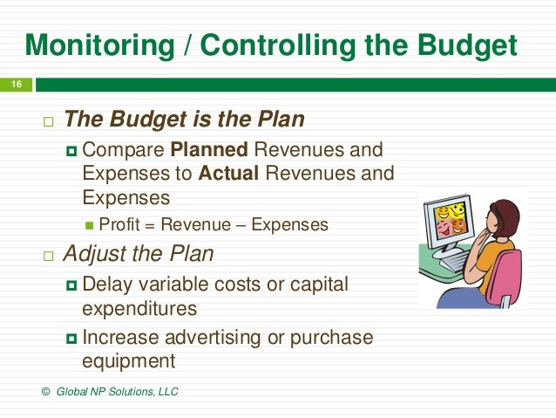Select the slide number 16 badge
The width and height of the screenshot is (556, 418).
[16, 85]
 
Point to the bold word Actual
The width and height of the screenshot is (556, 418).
[229, 173]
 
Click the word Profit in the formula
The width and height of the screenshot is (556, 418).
[119, 224]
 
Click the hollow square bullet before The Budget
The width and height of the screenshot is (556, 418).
[48, 120]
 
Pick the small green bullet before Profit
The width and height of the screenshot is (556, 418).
[89, 225]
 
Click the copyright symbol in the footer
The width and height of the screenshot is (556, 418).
[46, 392]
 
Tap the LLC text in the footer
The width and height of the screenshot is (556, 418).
[166, 392]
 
